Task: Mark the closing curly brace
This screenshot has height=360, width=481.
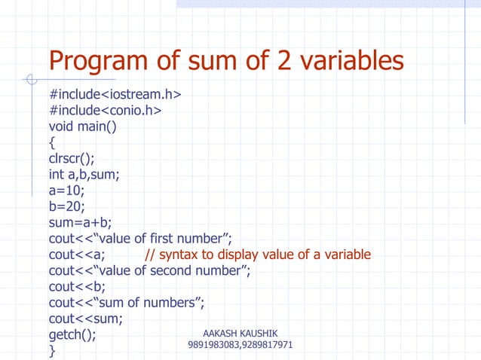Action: [x=52, y=350]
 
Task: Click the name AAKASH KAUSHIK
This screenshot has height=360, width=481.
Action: [x=240, y=332]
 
